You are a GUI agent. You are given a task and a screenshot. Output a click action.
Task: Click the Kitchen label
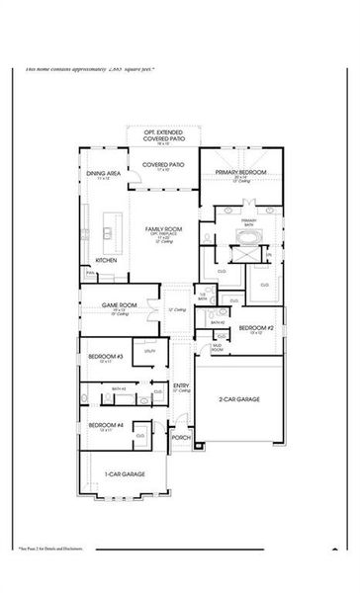click(107, 260)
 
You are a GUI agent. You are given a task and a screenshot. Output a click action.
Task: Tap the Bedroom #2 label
click(253, 327)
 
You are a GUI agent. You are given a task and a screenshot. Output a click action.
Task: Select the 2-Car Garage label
click(239, 399)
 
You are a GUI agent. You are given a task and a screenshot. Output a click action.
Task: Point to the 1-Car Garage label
click(127, 474)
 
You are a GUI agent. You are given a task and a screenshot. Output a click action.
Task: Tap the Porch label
click(180, 438)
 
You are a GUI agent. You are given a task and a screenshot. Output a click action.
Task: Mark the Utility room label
click(150, 351)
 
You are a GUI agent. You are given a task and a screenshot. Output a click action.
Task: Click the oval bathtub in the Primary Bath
click(243, 236)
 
